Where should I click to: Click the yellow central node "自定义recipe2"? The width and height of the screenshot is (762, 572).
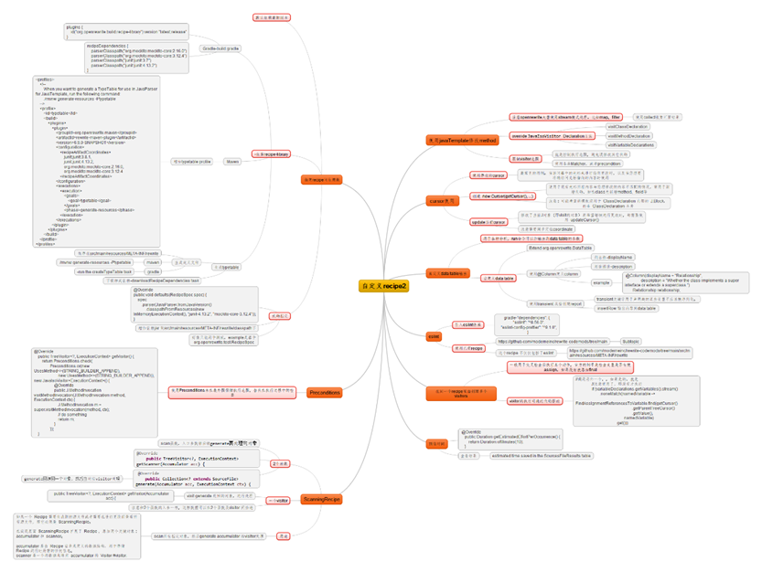coord(383,286)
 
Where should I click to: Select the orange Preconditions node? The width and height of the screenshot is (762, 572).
coord(324,393)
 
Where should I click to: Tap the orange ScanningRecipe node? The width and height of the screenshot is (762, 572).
coord(322,500)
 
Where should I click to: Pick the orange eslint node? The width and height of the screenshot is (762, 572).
coord(435,336)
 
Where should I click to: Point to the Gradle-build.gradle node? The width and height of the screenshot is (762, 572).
coord(220,48)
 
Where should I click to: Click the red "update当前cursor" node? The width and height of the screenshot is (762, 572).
coord(489,222)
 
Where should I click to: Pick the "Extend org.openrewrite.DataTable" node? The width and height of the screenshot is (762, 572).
coord(560,248)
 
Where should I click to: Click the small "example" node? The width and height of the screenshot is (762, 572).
coord(601,282)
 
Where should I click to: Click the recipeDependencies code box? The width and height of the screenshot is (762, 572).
coord(137,57)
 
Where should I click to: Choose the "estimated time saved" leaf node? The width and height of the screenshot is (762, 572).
coord(542,455)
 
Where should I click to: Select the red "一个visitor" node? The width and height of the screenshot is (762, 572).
coord(279,501)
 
